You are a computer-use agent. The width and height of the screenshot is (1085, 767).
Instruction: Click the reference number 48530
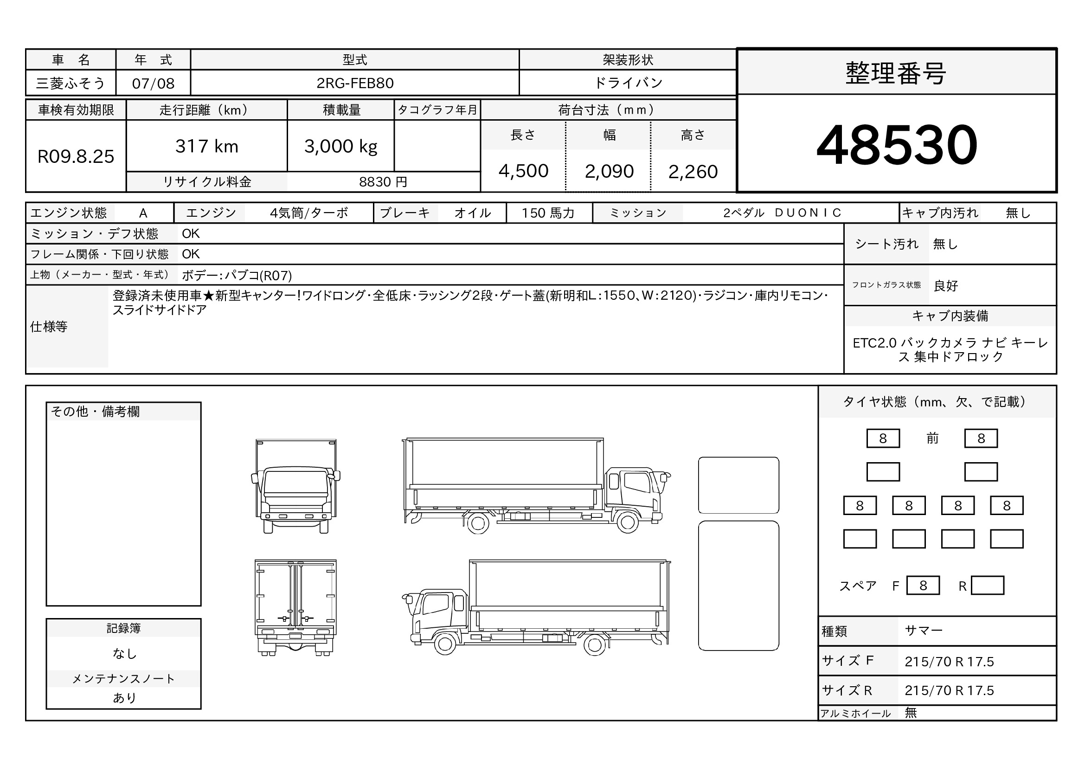pos(897,145)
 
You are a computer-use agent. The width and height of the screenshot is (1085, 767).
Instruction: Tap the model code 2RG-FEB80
pos(355,83)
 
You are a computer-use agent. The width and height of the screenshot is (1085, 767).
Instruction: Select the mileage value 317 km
pos(206,147)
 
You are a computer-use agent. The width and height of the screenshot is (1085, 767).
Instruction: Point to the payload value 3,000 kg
pos(341,147)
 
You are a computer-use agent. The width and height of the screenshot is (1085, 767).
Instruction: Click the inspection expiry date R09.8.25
pos(76,156)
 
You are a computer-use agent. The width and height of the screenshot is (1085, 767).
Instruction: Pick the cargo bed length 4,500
pos(523,171)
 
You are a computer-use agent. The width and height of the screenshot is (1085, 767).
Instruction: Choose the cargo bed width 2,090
pos(609,171)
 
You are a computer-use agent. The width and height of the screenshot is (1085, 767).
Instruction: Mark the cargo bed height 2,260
pos(693,172)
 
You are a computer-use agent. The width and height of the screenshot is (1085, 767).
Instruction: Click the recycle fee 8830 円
pos(383,182)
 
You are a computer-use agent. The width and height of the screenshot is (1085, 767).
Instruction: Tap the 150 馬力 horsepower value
pos(548,213)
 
